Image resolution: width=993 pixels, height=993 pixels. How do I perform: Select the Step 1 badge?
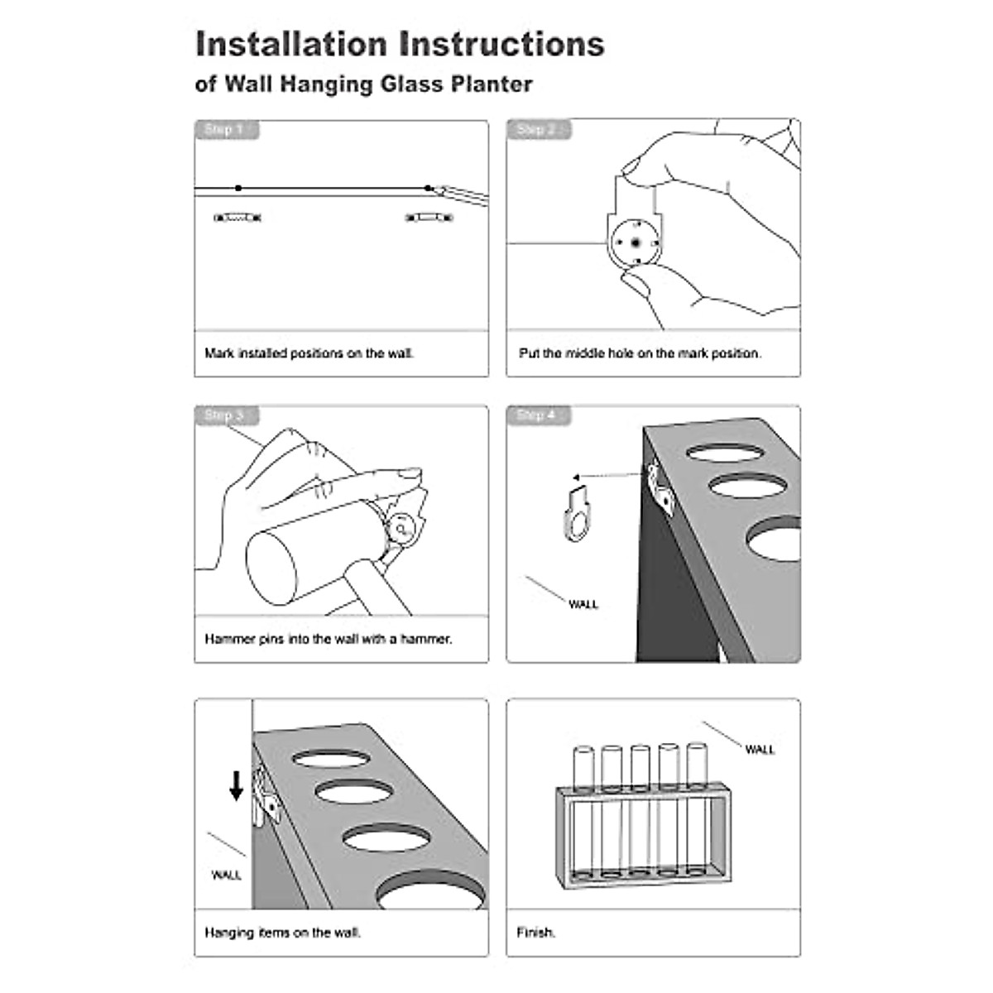point(225,130)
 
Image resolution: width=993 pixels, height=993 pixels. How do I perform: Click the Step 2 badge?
point(537,130)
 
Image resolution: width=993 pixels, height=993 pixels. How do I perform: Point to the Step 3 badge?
point(225,415)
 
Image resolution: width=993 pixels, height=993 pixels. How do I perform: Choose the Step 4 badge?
point(537,415)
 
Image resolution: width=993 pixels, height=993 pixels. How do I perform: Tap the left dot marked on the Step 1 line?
point(238,189)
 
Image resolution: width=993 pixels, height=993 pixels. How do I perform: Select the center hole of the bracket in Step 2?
point(635,243)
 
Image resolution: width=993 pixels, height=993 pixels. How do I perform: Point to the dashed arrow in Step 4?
point(608,476)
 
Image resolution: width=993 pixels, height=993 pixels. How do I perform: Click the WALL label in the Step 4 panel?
point(583,605)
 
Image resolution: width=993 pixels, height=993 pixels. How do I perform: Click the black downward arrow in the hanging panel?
point(237,785)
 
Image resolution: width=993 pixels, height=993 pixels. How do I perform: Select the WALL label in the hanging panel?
point(227,875)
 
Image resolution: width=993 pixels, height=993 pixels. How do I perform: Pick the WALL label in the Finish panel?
point(760,750)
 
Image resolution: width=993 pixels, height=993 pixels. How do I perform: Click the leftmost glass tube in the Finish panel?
point(583,815)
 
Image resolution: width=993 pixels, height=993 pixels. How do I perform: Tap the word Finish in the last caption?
point(535,933)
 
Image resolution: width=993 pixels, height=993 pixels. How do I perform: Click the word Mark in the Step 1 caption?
point(219,353)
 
